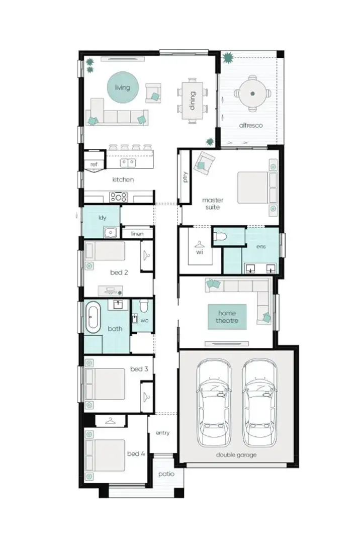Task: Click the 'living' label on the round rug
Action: [x=122, y=87]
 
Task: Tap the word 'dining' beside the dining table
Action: [x=192, y=104]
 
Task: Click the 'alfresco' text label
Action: [x=251, y=125]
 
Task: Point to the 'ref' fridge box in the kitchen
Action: [x=94, y=164]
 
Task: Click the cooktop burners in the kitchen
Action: [x=118, y=197]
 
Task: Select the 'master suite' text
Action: [x=212, y=203]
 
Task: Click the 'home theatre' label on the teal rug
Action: [x=227, y=317]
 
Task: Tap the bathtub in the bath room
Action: [x=93, y=317]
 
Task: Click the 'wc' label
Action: [x=144, y=320]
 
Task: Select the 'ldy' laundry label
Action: [x=102, y=218]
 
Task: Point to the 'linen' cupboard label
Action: [x=137, y=234]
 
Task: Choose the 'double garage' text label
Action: [x=236, y=454]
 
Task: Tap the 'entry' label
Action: [x=162, y=432]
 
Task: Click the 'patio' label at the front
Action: [x=164, y=474]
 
